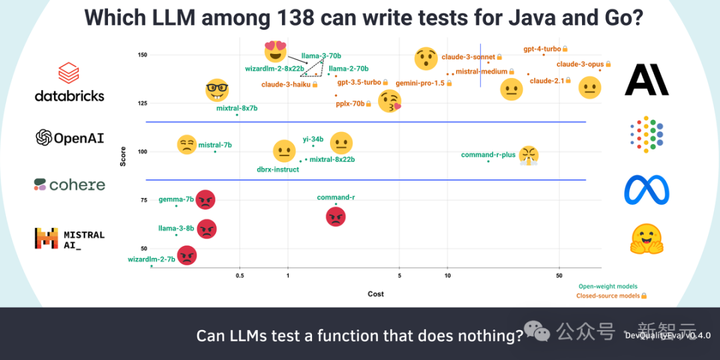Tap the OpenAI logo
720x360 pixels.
[x=70, y=137]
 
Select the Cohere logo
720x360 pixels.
[x=69, y=185]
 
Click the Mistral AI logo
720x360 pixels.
[x=69, y=238]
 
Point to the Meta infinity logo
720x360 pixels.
[x=646, y=190]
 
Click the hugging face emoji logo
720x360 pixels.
[x=646, y=239]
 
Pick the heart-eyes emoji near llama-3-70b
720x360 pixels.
[x=275, y=51]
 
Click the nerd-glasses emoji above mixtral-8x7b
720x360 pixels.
[x=217, y=90]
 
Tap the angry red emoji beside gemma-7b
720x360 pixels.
[x=205, y=199]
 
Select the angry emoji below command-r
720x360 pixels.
[x=336, y=216]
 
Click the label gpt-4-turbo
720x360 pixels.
[x=541, y=49]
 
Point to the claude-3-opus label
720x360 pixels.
[x=580, y=64]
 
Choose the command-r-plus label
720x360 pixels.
[x=488, y=155]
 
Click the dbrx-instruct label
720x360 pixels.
[x=278, y=169]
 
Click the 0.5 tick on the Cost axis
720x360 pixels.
[x=239, y=275]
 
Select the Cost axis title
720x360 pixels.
[x=376, y=294]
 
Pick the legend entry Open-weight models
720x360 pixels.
[x=607, y=287]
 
